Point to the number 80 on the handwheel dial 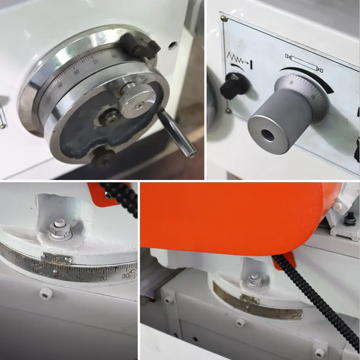pyautogui.click(x=76, y=72)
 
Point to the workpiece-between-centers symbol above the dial pyautogui.click(x=304, y=61)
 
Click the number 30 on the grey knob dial pyautogui.click(x=291, y=83)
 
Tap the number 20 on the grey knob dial pyautogui.click(x=313, y=97)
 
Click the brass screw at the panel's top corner pyautogui.click(x=224, y=18)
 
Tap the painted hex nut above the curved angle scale pyautogui.click(x=60, y=230)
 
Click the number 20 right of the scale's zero pyautogui.click(x=103, y=278)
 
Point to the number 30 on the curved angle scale pyautogui.click(x=125, y=276)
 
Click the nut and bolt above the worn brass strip pyautogui.click(x=255, y=281)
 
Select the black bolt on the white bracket pyautogui.click(x=349, y=218)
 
